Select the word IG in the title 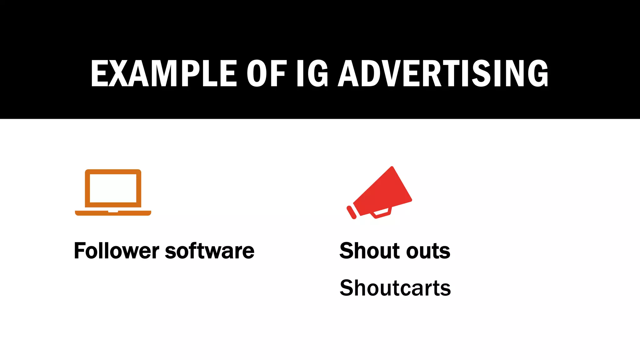point(312,73)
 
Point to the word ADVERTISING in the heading point(443,73)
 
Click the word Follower point(117,251)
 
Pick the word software point(209,251)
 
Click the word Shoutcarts point(395,288)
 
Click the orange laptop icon point(113,192)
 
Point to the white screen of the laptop point(113,188)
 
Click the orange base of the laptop point(113,213)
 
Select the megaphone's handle point(381,213)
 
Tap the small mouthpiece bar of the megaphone point(352,212)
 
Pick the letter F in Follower point(79,251)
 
